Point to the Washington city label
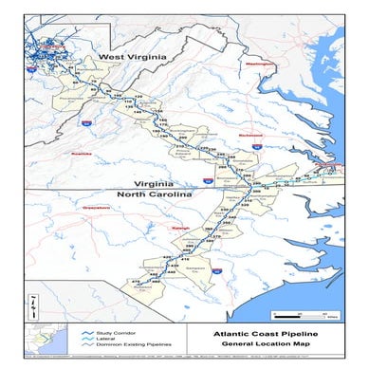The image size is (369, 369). pyautogui.click(x=258, y=64)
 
